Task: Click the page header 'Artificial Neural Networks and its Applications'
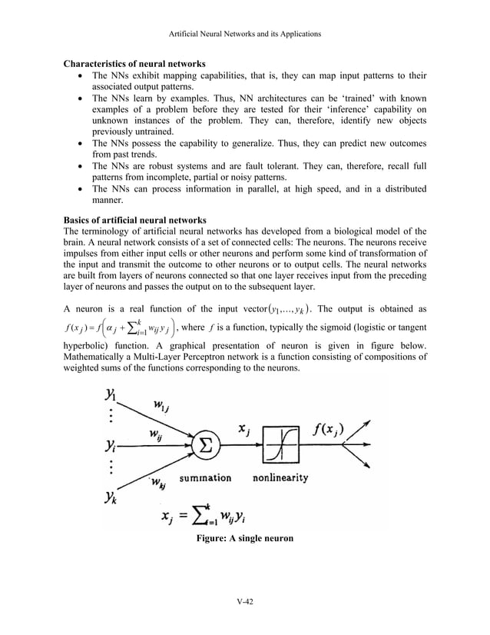click(x=245, y=35)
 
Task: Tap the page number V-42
click(x=245, y=600)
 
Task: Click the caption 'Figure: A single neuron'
click(x=245, y=538)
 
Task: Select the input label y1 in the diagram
click(x=112, y=397)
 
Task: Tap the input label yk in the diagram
click(x=112, y=497)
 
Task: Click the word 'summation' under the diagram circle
click(x=205, y=477)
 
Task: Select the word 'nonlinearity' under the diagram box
click(x=280, y=477)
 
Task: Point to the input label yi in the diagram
click(x=112, y=447)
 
